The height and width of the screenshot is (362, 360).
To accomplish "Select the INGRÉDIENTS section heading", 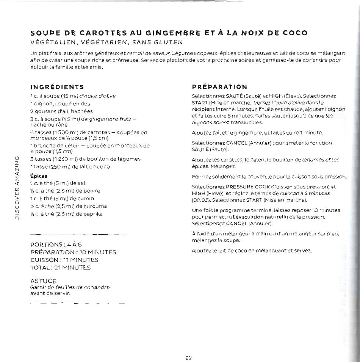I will tap(57, 87).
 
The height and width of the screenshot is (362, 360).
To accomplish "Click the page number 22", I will tap(189, 357).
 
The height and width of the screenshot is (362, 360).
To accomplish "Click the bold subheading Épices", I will tap(39, 176).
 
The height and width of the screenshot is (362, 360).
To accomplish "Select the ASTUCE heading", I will tap(43, 281).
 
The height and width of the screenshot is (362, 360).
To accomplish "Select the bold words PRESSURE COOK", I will tap(248, 187).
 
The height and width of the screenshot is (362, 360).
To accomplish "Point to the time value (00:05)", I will tap(201, 200).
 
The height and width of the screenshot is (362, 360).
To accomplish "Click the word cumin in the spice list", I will tap(86, 198).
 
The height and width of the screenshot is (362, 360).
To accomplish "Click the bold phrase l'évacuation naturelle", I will tap(258, 217).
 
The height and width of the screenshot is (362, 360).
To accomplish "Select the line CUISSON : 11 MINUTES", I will tap(64, 260).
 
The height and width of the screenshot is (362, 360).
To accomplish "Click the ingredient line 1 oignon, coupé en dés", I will tap(60, 103).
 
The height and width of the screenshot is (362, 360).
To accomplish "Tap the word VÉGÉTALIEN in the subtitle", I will tap(54, 42).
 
